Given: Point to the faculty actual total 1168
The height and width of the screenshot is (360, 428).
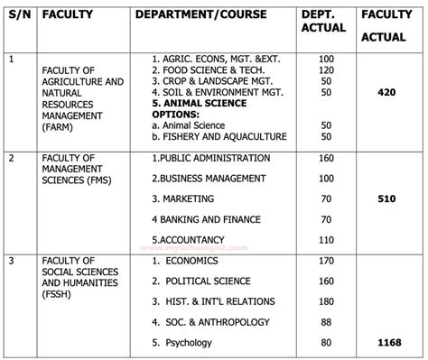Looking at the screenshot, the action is pyautogui.click(x=392, y=344).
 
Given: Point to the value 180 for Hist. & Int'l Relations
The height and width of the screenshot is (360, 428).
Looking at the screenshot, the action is pyautogui.click(x=326, y=300).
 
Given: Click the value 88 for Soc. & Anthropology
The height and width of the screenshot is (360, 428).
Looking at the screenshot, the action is pyautogui.click(x=326, y=321).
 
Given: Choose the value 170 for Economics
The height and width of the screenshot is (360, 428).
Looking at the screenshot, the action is pyautogui.click(x=326, y=259).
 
